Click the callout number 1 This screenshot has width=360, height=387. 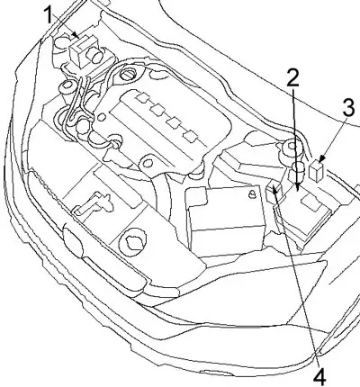click(49, 15)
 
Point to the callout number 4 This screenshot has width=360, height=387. click(319, 374)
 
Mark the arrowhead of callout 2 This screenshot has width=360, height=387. click(297, 187)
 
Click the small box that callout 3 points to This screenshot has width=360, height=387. click(317, 170)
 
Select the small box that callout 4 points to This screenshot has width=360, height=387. click(274, 192)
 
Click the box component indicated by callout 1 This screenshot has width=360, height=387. click(79, 51)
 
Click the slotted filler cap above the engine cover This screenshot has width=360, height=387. click(129, 74)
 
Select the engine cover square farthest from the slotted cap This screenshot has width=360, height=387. click(191, 136)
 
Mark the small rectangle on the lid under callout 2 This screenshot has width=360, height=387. click(311, 202)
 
